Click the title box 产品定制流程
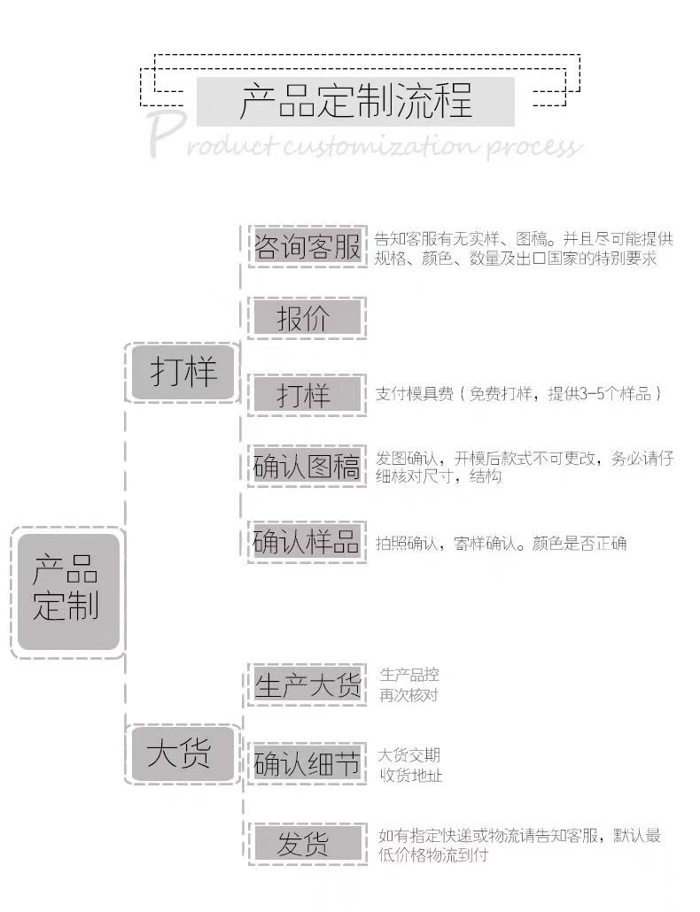pos(355,101)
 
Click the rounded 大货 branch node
pos(182,754)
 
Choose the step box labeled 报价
pos(307,318)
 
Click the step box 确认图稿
pos(307,467)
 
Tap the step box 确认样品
pos(307,542)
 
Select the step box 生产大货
pos(307,684)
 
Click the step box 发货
pos(307,844)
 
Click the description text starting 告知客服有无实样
pos(523,249)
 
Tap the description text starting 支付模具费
pos(518,394)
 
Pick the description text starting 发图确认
pos(523,467)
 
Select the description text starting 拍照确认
pos(501,543)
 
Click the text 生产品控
pos(408,676)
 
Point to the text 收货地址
pos(410,776)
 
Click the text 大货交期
pos(408,755)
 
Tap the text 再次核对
pos(408,695)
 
